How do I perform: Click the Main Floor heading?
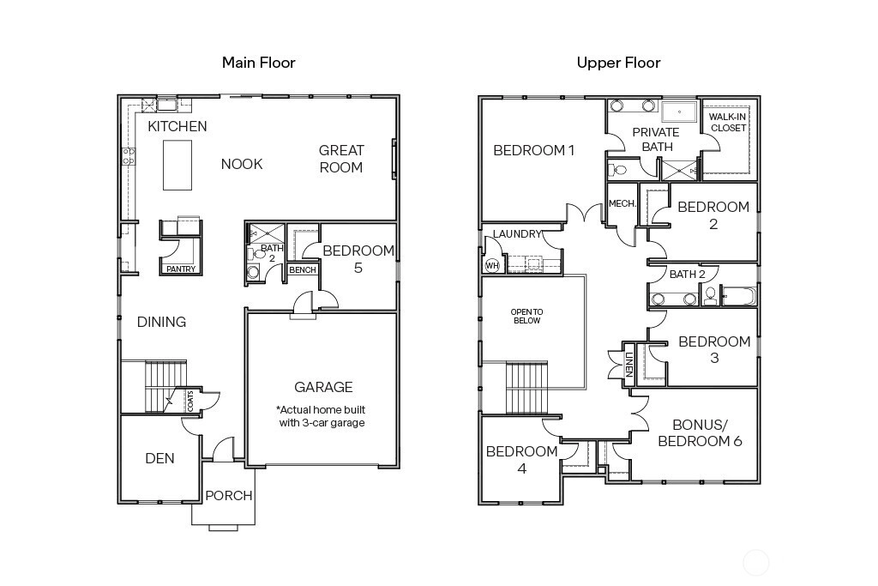[x=259, y=62]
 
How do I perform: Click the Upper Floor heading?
[x=619, y=63]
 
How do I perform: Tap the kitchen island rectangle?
[x=177, y=166]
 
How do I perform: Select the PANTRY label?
[x=181, y=269]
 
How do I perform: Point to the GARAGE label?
[x=323, y=387]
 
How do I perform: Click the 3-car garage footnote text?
[x=322, y=416]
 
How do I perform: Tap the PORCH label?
[x=228, y=496]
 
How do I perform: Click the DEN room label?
[x=159, y=458]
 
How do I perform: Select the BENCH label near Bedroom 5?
[x=303, y=270]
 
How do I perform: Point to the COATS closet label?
[x=190, y=402]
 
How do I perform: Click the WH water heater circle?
[x=492, y=266]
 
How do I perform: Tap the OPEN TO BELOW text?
[x=527, y=316]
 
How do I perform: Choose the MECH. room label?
[x=622, y=204]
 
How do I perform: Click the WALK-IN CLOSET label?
[x=728, y=122]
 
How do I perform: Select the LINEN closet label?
[x=628, y=364]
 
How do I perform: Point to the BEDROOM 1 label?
[x=533, y=150]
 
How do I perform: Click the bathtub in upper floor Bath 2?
[x=738, y=295]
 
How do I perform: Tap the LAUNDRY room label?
[x=517, y=233]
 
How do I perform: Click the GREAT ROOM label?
[x=341, y=159]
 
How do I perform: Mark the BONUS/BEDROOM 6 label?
[x=700, y=432]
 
